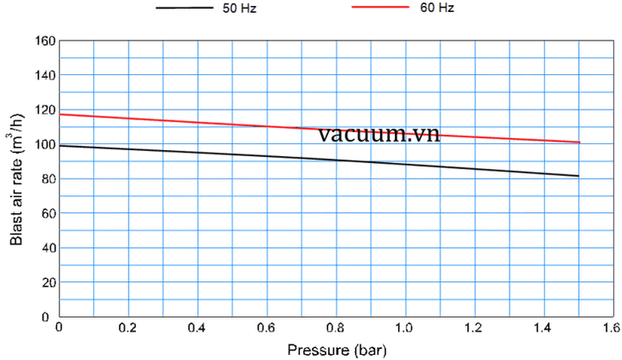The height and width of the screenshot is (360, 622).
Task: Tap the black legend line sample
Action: [x=184, y=8]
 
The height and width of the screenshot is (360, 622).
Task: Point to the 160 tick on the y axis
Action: [x=45, y=41]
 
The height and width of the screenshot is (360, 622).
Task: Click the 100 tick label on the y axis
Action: [x=45, y=144]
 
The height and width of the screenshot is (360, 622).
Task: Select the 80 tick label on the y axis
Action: [x=48, y=179]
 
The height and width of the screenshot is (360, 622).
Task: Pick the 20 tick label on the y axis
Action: [x=48, y=282]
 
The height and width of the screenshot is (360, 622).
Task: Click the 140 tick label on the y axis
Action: [x=45, y=75]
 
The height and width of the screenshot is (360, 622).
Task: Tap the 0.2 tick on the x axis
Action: [x=128, y=328]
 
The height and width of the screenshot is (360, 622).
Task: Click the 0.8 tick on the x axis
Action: [x=335, y=328]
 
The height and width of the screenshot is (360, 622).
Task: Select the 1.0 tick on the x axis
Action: [x=404, y=328]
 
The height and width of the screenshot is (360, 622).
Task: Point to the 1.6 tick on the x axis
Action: [x=612, y=328]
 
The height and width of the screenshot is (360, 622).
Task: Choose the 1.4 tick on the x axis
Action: [x=543, y=328]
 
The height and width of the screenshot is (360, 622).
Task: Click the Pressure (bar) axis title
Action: [x=333, y=350]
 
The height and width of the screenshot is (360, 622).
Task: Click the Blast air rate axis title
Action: [x=16, y=178]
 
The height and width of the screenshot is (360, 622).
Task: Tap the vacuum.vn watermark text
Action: [x=378, y=134]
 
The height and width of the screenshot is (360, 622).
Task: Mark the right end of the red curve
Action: [x=579, y=142]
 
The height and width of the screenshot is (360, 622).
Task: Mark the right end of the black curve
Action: [x=578, y=176]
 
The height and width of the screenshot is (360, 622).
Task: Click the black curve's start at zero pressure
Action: [x=60, y=145]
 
